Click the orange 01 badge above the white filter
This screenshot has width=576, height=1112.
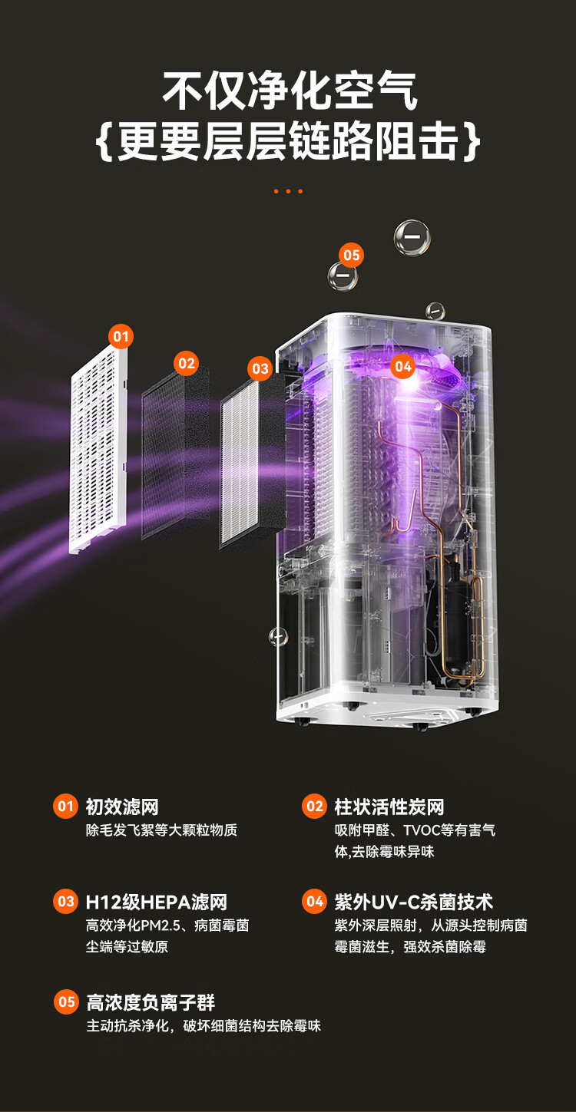pos(121,337)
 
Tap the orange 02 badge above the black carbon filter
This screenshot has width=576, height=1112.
pos(187,364)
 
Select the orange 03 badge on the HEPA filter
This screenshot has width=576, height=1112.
pos(260,369)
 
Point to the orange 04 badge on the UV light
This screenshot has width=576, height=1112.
pos(402,366)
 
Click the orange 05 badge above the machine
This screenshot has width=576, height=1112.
pos(352,255)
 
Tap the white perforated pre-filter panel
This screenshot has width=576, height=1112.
pos(99,447)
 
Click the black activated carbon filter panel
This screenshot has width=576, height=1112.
pos(175,453)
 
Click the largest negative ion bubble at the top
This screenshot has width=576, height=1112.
pos(412,237)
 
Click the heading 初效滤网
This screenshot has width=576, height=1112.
pos(122,807)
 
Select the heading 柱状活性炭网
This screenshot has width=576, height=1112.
pos(389,807)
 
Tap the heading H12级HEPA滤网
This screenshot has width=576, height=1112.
pos(156,902)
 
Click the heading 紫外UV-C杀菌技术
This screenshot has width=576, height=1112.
pos(413,902)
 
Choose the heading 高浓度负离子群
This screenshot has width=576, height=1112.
pos(151,1002)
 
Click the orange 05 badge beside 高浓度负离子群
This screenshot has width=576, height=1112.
pos(66,1001)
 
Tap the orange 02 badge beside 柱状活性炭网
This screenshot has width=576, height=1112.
pos(314,807)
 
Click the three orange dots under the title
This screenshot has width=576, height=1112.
pos(288,191)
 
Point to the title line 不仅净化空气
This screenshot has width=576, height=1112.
pos(290,91)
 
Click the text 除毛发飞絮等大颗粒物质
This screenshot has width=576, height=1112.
pos(161,830)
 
